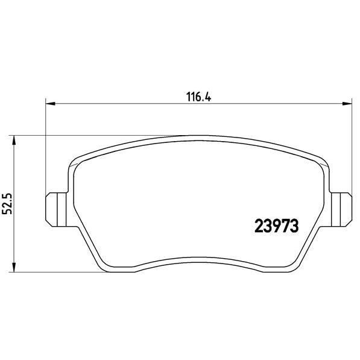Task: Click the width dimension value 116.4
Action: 198,96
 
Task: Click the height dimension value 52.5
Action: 7,203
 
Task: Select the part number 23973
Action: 277,226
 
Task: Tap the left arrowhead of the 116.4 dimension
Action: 51,104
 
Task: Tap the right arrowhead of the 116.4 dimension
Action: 347,104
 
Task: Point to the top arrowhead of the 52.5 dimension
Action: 14,140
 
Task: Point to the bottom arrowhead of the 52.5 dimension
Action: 14,268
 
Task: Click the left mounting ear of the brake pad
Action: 57,210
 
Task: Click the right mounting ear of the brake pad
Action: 341,210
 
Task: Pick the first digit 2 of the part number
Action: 259,226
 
